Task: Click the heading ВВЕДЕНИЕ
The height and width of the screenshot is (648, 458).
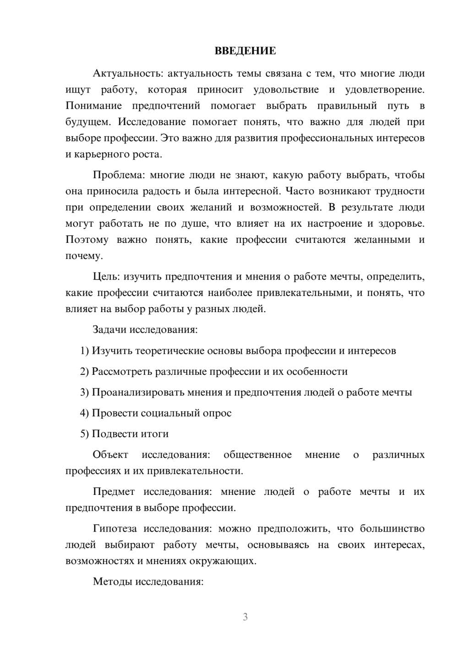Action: (x=245, y=51)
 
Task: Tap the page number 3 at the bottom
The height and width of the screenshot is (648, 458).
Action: (x=245, y=617)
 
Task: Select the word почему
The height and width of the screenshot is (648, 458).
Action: (x=84, y=256)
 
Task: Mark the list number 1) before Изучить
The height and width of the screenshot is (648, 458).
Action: (x=84, y=351)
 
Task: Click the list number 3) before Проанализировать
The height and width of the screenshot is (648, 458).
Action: (x=84, y=392)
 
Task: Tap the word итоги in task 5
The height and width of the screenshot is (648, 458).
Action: (x=155, y=434)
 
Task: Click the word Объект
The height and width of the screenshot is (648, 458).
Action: (x=110, y=455)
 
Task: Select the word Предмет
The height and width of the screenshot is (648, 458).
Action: (x=114, y=492)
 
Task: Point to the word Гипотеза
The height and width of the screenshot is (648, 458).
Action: (x=114, y=529)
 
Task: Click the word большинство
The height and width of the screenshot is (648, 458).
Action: (x=392, y=529)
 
